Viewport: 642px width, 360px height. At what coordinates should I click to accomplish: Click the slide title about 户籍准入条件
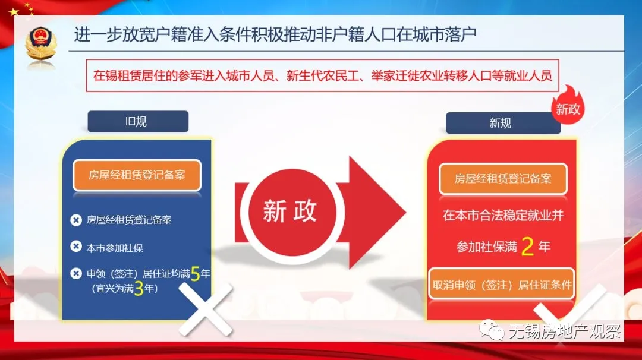point(275,35)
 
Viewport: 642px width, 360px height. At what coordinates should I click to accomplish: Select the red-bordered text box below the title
point(323,75)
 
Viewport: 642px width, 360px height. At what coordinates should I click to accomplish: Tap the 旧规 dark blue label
point(138,122)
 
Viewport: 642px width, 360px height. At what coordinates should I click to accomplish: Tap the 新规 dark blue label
point(500,124)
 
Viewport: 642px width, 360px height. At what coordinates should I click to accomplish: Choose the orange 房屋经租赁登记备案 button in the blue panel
point(137,175)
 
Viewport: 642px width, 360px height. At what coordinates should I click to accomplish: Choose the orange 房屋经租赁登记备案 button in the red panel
point(503,179)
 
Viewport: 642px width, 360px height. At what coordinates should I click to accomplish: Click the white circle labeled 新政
point(290,212)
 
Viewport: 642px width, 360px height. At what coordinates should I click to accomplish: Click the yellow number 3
point(139,289)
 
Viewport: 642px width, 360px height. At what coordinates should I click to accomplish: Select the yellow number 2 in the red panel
point(527,247)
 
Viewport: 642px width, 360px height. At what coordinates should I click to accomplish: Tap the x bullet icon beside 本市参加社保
point(76,247)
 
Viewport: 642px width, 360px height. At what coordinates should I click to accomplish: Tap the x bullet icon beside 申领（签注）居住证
point(76,274)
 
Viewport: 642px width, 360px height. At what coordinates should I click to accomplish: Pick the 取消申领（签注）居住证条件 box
point(502,285)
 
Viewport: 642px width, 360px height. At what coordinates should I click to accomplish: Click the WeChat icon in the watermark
point(492,330)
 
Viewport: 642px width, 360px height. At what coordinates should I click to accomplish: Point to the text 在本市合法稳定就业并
point(503,216)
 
